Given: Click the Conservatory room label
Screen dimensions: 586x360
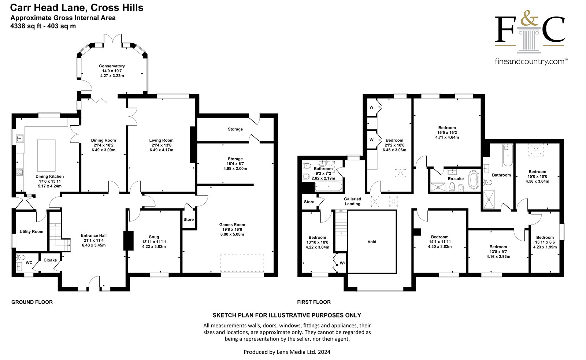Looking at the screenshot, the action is (112, 66).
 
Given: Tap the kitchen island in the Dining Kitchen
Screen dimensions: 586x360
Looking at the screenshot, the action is (46, 155).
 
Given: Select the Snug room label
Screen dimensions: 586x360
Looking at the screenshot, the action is (154, 237).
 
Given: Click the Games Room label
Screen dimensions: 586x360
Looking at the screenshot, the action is (232, 224).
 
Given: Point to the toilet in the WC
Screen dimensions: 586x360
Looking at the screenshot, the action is (21, 257).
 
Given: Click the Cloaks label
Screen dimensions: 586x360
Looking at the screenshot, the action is (50, 260).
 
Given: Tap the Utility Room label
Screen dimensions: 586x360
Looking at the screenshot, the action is (31, 231).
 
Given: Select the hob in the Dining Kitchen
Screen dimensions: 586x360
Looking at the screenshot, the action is (20, 172).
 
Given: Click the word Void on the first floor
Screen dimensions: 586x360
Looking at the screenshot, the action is (372, 242).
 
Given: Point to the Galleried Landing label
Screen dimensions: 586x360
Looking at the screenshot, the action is (352, 201).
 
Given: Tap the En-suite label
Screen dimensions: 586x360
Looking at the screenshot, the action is (456, 179).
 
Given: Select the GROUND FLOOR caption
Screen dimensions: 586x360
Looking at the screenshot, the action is (32, 302).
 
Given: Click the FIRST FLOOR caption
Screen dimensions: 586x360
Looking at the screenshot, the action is (314, 302).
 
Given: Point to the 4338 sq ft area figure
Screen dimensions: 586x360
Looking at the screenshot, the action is (26, 26).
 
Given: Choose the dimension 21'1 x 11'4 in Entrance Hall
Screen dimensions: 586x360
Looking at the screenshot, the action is (94, 241).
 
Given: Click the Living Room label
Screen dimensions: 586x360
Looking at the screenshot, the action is (161, 140).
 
